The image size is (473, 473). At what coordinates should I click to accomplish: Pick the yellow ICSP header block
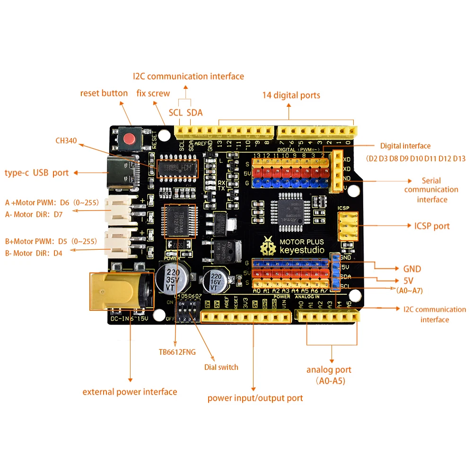(x=347, y=226)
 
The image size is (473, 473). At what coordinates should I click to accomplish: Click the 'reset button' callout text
(x=104, y=93)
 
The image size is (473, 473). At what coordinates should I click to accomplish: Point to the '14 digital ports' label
(x=291, y=95)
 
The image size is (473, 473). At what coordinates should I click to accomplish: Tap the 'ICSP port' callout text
(x=432, y=226)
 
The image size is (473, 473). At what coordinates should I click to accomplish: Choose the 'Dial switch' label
(x=221, y=367)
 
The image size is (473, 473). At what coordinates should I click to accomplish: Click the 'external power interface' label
(x=130, y=392)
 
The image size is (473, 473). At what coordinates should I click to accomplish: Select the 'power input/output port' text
(x=255, y=398)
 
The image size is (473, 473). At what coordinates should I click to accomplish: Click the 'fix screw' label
(x=153, y=93)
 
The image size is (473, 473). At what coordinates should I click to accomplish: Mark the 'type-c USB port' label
(x=37, y=173)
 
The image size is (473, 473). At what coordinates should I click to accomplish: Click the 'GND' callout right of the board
(x=412, y=269)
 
